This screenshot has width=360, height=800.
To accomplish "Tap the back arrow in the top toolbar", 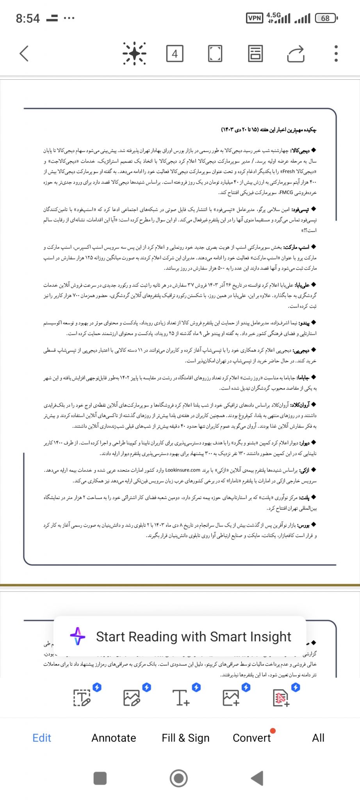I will click(x=24, y=54).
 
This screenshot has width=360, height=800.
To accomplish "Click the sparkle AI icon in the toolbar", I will click(x=134, y=54).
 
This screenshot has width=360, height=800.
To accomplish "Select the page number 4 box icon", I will click(x=175, y=54).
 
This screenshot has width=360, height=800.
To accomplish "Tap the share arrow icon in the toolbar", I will click(x=296, y=54).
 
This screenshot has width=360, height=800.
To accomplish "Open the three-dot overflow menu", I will click(x=336, y=54).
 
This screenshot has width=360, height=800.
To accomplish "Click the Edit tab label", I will click(x=42, y=738).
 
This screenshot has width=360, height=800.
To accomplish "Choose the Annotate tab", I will click(x=114, y=738).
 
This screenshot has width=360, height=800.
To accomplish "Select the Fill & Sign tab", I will click(x=185, y=738).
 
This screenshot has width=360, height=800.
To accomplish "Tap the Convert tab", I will click(x=251, y=738).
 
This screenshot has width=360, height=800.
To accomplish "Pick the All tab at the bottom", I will click(x=318, y=738).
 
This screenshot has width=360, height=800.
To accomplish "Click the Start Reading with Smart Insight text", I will click(x=193, y=637).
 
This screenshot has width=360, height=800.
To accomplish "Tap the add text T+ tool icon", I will click(x=181, y=697).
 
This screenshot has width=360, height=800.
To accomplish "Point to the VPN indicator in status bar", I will click(x=255, y=18).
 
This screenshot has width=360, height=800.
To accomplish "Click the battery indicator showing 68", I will click(x=326, y=18).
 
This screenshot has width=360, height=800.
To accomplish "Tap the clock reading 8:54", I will click(x=28, y=18).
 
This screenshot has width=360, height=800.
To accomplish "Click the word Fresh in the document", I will click(x=289, y=171).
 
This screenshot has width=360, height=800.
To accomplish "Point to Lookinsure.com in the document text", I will click(x=182, y=470).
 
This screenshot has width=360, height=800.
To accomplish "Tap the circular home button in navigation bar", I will click(x=179, y=778).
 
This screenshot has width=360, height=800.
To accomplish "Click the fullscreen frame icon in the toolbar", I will click(x=215, y=54).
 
